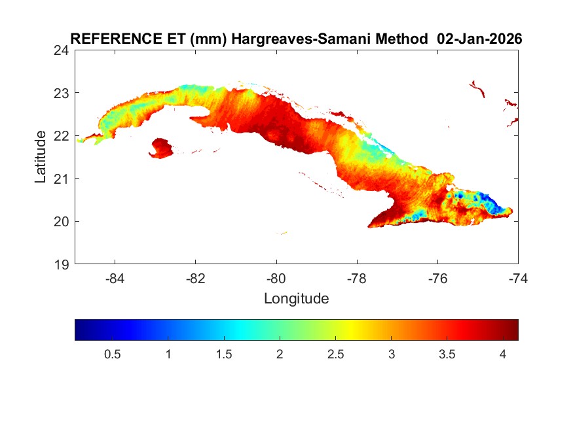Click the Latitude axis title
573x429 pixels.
click(x=41, y=157)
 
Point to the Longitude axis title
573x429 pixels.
click(x=296, y=299)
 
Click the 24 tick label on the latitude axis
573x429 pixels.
click(x=62, y=50)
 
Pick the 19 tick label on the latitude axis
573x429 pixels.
click(x=62, y=264)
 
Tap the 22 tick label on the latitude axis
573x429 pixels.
click(x=62, y=136)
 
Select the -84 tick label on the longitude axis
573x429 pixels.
click(x=115, y=279)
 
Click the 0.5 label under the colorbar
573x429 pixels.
click(x=113, y=354)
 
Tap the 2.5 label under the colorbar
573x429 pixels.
click(x=335, y=354)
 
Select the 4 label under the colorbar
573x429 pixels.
click(x=502, y=354)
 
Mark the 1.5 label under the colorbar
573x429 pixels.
click(x=224, y=354)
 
